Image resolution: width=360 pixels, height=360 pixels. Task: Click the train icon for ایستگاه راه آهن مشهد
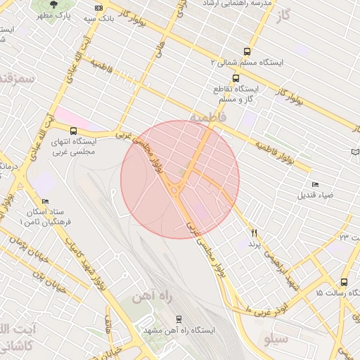(179, 319)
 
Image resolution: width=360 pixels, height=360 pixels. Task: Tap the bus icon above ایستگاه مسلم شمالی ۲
(247, 51)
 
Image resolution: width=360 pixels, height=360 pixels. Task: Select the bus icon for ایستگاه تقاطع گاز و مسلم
(235, 79)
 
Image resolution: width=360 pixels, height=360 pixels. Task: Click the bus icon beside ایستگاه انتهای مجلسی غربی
(74, 130)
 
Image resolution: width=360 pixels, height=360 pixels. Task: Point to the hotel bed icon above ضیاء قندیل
(314, 184)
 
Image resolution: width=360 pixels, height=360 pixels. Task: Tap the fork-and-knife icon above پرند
(254, 233)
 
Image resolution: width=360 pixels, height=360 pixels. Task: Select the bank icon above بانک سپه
(97, 9)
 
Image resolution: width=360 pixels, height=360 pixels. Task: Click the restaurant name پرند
(254, 243)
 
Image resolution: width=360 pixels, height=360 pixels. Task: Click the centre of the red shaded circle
(180, 179)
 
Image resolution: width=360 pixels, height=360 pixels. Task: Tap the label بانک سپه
(98, 19)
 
